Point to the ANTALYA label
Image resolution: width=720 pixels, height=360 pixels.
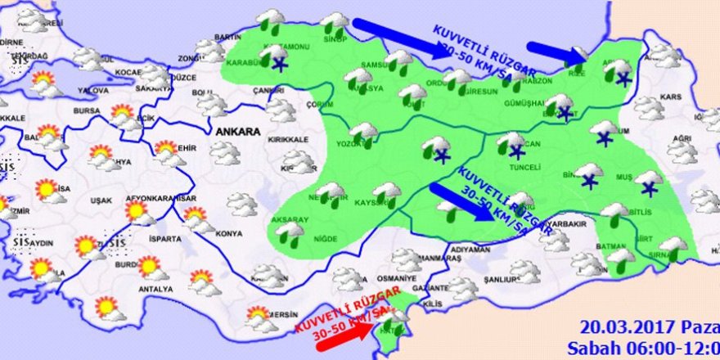point(156,289)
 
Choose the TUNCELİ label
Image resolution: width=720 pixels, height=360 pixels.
point(524,168)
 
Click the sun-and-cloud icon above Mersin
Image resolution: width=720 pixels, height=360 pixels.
point(260,317)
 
